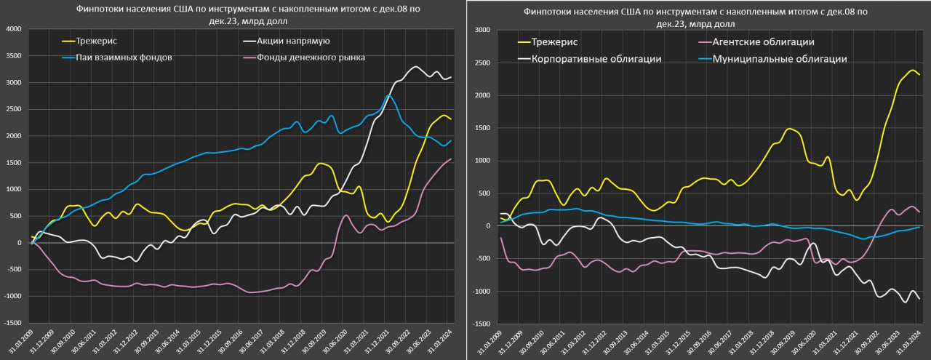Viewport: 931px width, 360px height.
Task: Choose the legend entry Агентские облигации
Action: coord(763,43)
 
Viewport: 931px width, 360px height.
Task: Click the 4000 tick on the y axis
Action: coord(14,29)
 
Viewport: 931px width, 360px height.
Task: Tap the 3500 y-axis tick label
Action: coord(14,56)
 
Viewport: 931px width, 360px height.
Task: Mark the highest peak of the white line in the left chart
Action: coord(415,67)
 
